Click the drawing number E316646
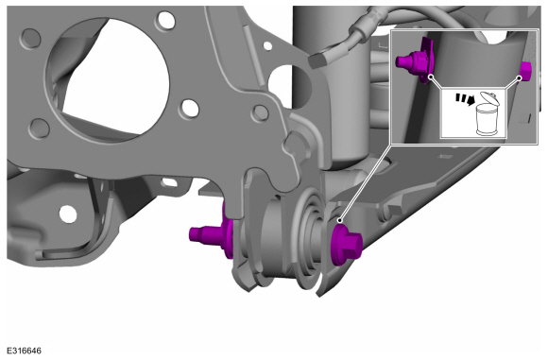click(x=24, y=351)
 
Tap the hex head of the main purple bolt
click(x=351, y=247)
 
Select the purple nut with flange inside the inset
click(x=416, y=62)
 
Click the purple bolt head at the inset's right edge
click(x=525, y=71)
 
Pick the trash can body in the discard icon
click(x=488, y=120)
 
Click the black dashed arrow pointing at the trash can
click(x=465, y=99)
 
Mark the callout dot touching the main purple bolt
click(x=339, y=220)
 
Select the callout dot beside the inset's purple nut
click(x=431, y=77)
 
